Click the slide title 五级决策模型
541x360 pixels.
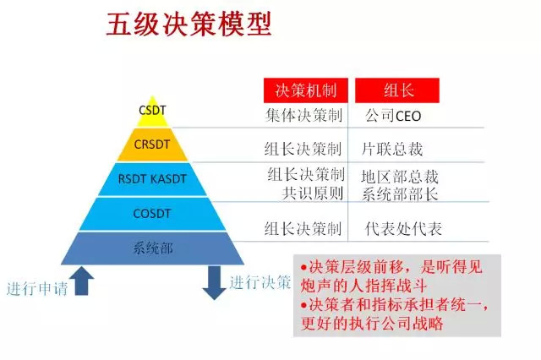189,25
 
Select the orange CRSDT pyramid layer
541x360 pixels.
152,145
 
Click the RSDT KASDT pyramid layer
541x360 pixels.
152,179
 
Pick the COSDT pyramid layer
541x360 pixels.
152,214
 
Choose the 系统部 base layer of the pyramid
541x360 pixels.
152,248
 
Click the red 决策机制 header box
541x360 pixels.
306,90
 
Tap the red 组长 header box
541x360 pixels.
397,90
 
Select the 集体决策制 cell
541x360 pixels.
303,115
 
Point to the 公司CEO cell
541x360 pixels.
393,116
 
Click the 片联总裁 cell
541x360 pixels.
392,150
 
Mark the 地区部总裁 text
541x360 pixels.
400,177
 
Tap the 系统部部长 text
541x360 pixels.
400,194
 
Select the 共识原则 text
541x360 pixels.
313,194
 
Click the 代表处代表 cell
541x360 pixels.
403,229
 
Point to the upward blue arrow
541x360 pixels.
82,281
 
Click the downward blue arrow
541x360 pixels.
214,283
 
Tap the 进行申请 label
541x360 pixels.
37,289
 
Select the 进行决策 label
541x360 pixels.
260,282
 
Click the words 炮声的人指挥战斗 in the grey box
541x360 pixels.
363,286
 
